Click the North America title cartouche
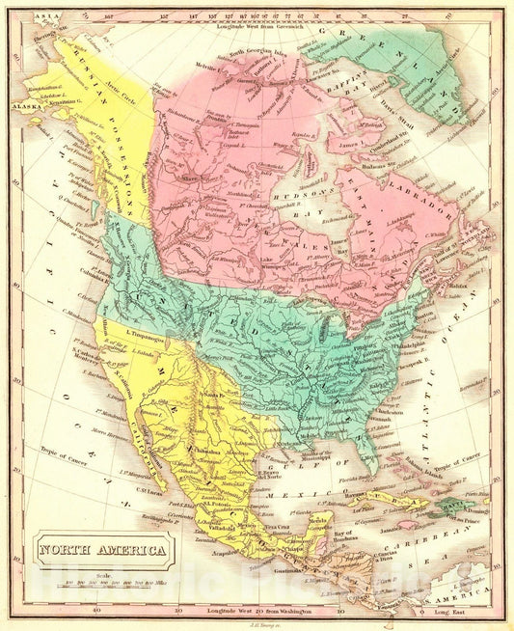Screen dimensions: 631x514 point(101,553)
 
